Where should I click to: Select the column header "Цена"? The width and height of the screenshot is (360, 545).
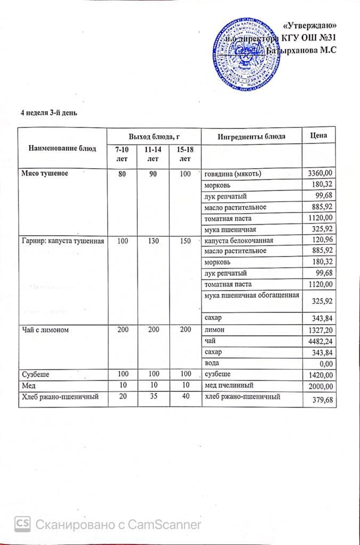pyautogui.click(x=318, y=136)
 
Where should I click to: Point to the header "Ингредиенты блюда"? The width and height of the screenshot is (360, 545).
pyautogui.click(x=252, y=136)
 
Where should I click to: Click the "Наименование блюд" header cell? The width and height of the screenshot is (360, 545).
pyautogui.click(x=62, y=148)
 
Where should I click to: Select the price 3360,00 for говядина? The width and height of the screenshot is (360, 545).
pyautogui.click(x=321, y=174)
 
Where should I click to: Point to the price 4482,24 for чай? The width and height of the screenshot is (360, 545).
pyautogui.click(x=321, y=342)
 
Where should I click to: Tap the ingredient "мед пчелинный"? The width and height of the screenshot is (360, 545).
pyautogui.click(x=224, y=386)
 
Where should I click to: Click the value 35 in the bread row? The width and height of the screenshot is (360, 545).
pyautogui.click(x=157, y=397)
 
